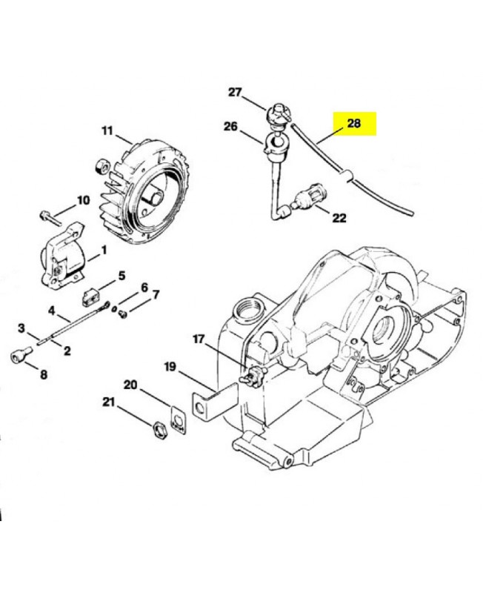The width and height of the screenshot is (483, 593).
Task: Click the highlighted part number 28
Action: [x=354, y=124]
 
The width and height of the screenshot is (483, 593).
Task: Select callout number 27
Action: [x=235, y=93]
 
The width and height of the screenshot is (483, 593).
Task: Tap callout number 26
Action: [x=230, y=127]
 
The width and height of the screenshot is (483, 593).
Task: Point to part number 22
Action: [x=339, y=218]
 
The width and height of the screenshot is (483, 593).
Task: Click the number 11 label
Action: [x=107, y=131]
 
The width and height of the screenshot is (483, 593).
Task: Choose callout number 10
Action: [x=82, y=199]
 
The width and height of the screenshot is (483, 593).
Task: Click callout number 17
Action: [x=199, y=339]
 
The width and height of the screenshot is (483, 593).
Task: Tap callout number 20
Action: [x=130, y=385]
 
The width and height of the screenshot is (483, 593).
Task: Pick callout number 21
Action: [x=109, y=402]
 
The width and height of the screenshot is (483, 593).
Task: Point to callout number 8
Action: [x=43, y=375]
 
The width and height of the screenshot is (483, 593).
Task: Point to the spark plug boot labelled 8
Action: [x=19, y=357]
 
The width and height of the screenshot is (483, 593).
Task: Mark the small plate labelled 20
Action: [x=177, y=419]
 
